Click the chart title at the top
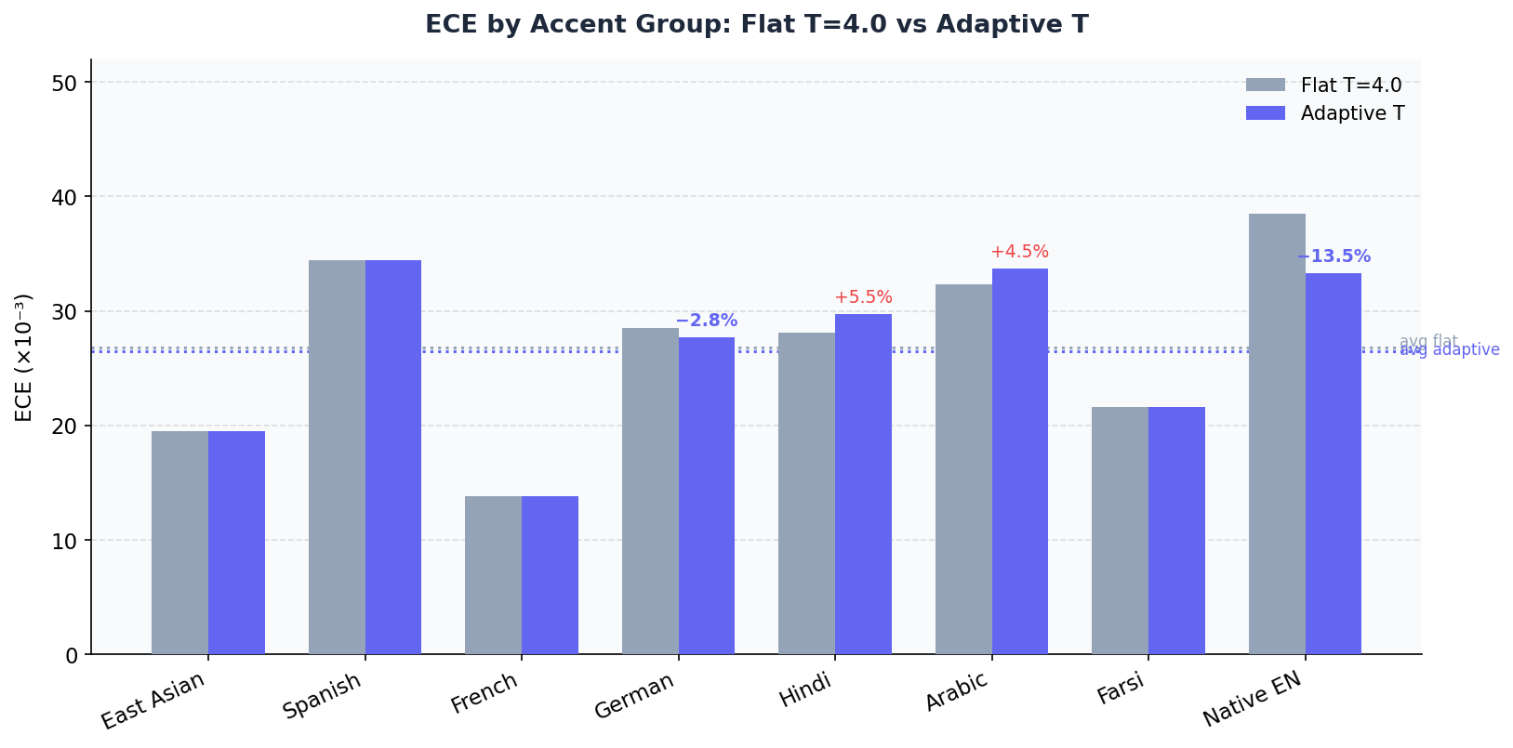point(756,25)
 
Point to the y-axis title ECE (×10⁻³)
point(24,357)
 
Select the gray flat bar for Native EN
point(1276,434)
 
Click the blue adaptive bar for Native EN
point(1333,464)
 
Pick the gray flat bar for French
point(493,575)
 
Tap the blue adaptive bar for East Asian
point(236,543)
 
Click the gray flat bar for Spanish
point(337,457)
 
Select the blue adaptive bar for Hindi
point(863,484)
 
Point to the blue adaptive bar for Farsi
point(1176,531)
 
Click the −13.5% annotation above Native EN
point(1333,257)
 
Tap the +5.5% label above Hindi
point(863,297)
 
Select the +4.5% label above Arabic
point(1019,252)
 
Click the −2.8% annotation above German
point(706,321)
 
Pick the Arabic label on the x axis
point(956,691)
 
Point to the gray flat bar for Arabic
point(963,469)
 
